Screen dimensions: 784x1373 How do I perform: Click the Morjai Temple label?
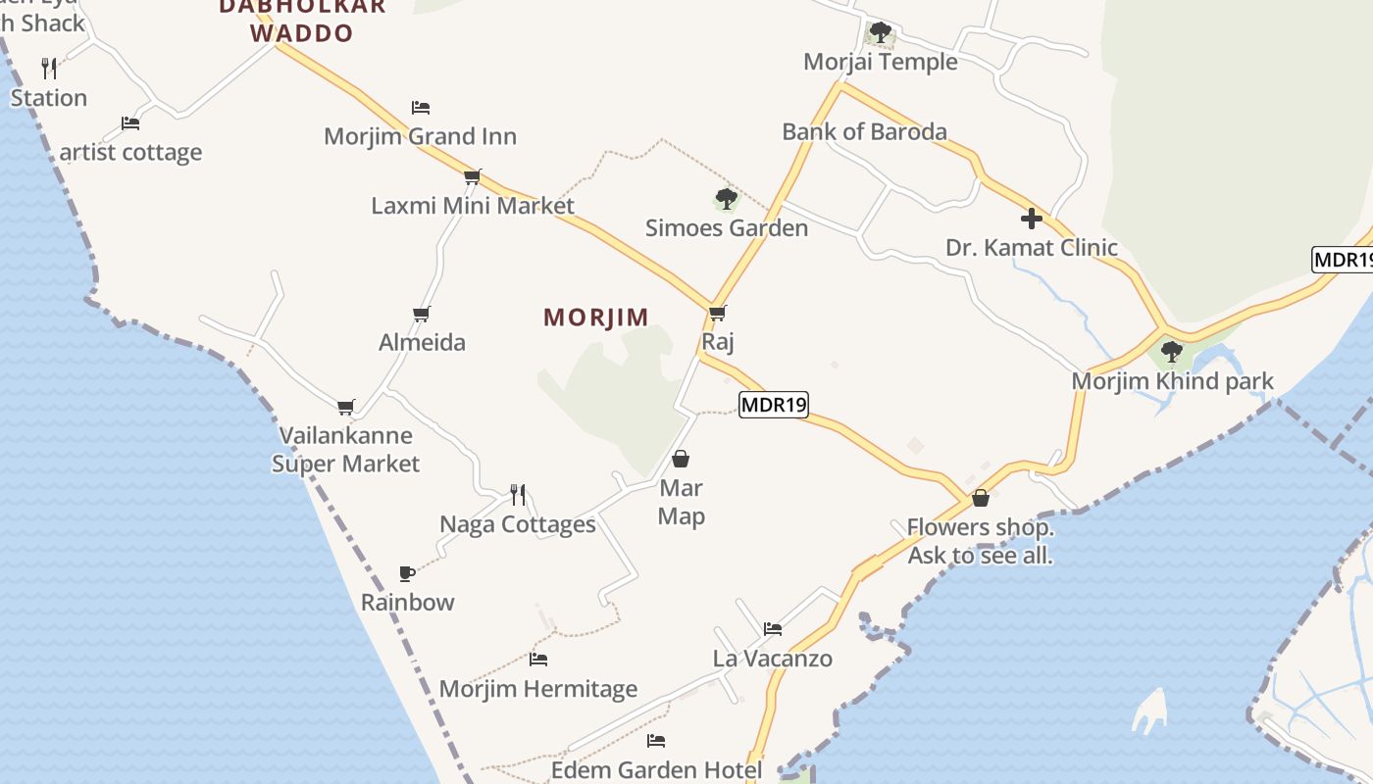click(880, 62)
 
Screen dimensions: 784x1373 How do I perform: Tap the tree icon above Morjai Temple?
click(880, 32)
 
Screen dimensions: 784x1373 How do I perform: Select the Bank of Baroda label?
click(864, 131)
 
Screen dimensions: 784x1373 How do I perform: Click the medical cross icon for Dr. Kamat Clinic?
click(1031, 219)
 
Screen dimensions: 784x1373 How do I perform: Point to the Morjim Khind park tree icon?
click(1171, 351)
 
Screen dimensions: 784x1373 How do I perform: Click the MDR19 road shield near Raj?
click(773, 404)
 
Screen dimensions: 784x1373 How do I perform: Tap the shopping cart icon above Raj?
click(717, 314)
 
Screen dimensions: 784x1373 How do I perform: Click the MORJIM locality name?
click(596, 318)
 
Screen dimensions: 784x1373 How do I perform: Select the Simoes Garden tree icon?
click(726, 200)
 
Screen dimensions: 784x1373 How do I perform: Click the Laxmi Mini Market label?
click(473, 206)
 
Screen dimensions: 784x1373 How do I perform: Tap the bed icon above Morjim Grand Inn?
click(421, 108)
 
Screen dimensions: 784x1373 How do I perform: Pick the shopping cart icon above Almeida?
click(421, 314)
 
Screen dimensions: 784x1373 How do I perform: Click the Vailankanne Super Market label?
click(345, 449)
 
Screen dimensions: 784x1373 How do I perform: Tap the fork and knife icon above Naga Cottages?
click(517, 495)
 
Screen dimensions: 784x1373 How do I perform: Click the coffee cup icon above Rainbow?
click(407, 573)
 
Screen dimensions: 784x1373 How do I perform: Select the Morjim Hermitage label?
click(538, 689)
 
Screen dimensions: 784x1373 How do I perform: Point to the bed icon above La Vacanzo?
click(773, 629)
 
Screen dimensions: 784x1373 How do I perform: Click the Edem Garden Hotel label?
click(656, 770)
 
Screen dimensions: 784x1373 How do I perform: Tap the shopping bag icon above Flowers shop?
click(980, 499)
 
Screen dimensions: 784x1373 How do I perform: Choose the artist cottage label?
click(130, 152)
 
